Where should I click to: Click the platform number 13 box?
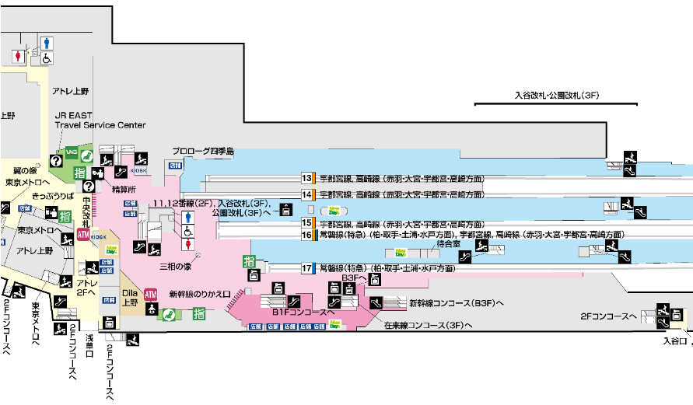(307, 177)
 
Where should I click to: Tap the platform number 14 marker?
(307, 194)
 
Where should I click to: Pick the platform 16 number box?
(307, 234)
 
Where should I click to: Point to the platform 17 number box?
(307, 268)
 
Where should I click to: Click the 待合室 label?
(450, 243)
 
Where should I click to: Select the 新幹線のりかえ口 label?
(200, 295)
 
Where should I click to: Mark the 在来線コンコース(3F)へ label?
(429, 326)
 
